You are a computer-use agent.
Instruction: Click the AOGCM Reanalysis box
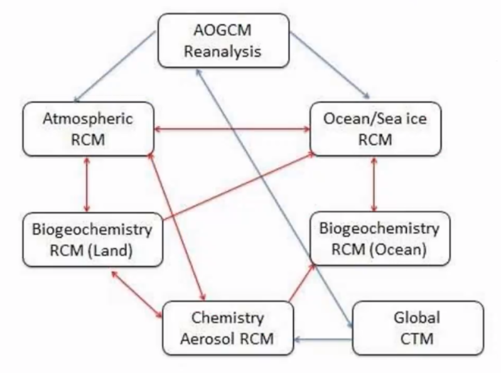[224, 41]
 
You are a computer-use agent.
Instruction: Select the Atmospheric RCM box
[88, 129]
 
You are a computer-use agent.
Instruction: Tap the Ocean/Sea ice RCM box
[375, 129]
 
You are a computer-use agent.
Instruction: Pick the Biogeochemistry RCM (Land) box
[92, 240]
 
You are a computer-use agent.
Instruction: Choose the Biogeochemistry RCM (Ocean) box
[380, 239]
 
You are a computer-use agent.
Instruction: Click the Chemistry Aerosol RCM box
[228, 328]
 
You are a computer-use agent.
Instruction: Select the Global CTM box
[418, 328]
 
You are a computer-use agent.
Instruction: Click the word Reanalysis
[223, 51]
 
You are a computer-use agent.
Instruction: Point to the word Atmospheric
[88, 119]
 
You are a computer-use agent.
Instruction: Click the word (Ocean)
[398, 249]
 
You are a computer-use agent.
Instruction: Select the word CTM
[417, 339]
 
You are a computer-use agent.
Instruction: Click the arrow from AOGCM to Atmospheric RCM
[115, 67]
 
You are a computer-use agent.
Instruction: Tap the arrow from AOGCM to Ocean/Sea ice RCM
[330, 65]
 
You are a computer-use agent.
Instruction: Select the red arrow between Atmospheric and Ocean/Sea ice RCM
[232, 129]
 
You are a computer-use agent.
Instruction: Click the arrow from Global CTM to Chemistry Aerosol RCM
[323, 339]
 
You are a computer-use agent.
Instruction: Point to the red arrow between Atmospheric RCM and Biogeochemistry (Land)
[87, 185]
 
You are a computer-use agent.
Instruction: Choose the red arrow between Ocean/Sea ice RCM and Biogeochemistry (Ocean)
[374, 184]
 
